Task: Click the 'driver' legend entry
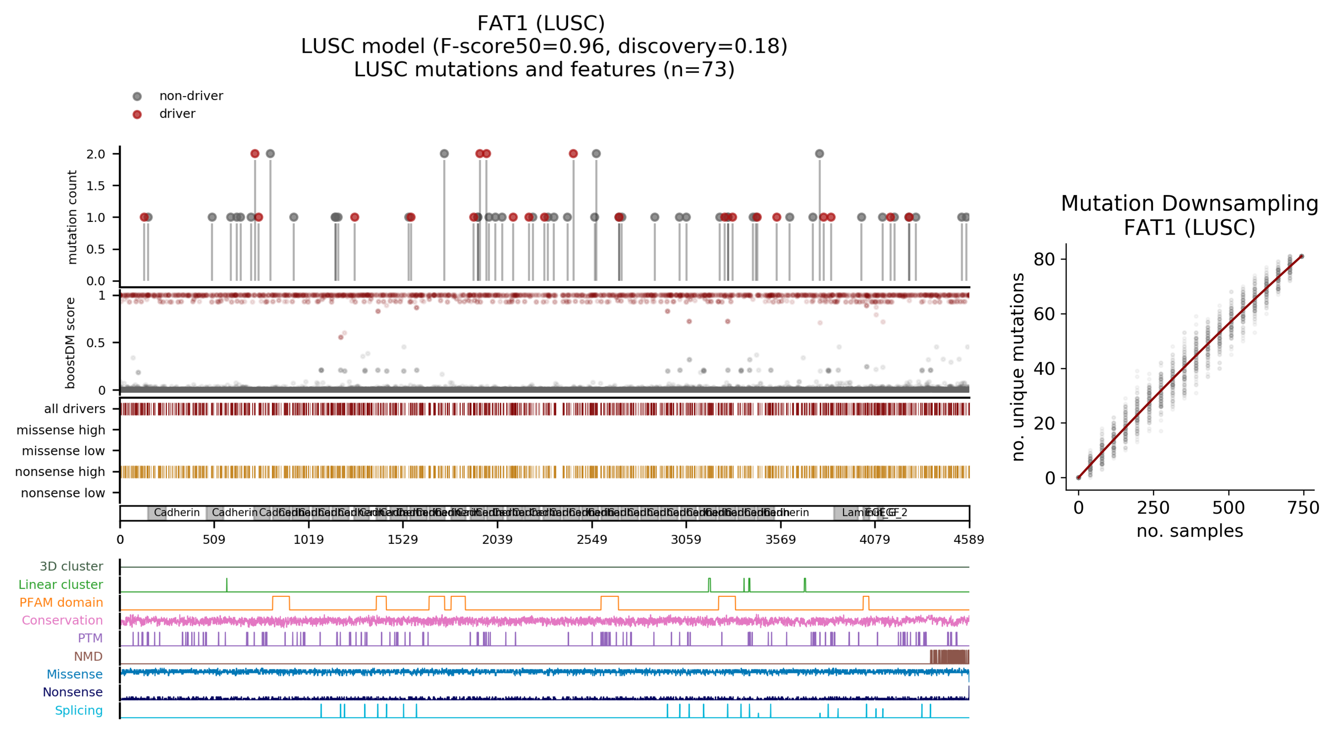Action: [177, 114]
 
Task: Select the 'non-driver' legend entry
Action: [191, 96]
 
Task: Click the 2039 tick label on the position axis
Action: [497, 540]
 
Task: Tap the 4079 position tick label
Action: [874, 540]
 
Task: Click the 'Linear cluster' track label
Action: [61, 585]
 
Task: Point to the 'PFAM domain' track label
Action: [61, 603]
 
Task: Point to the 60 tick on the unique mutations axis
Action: [1044, 314]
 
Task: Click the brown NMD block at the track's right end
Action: [949, 657]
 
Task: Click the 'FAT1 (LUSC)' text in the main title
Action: [541, 23]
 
